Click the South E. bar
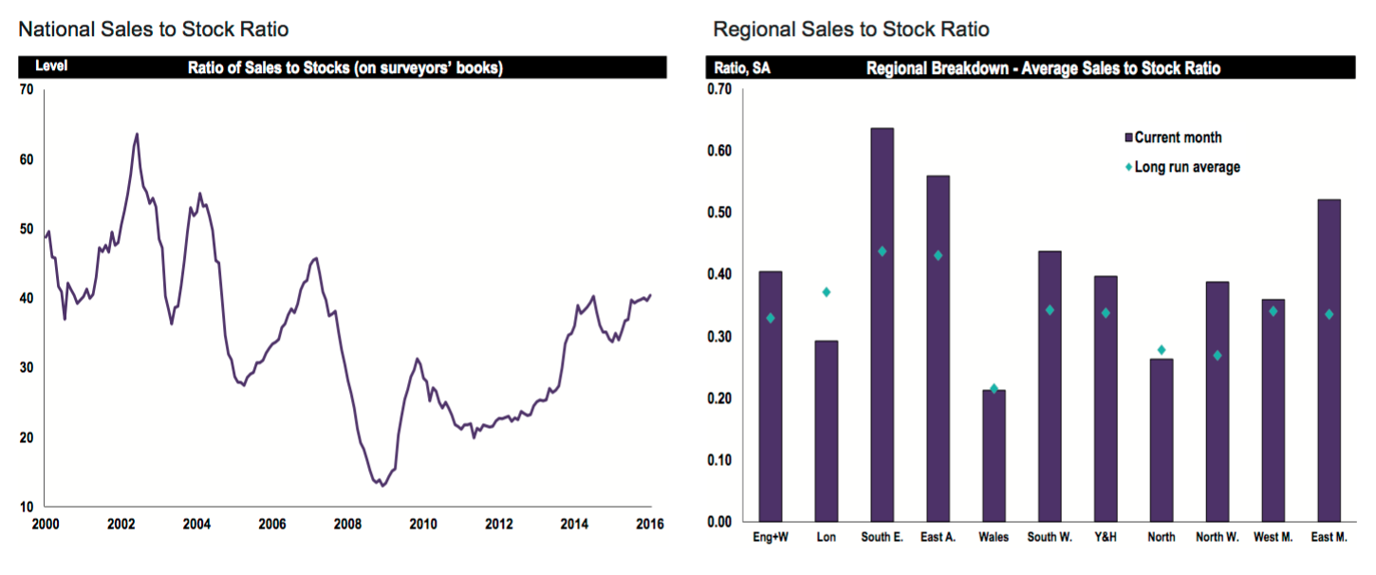[882, 325]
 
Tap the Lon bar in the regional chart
[826, 431]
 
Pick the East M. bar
[1329, 361]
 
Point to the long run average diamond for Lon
[826, 292]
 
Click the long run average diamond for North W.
[1217, 355]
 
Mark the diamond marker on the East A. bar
[938, 255]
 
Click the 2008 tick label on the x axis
[347, 524]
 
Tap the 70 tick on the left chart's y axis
[26, 89]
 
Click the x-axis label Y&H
[1105, 537]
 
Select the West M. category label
[1273, 537]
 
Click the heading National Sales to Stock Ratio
[153, 29]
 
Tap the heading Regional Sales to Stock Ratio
[850, 29]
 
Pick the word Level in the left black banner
[51, 66]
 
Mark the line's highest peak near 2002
[137, 134]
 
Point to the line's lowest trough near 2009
[381, 486]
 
